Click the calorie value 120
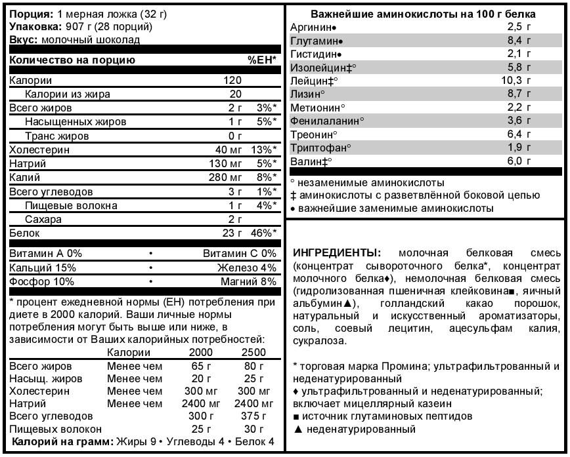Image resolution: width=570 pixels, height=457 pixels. click(x=232, y=81)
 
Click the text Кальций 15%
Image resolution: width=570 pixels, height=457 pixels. click(x=43, y=268)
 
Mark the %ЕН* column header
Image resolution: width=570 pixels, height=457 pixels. click(x=261, y=60)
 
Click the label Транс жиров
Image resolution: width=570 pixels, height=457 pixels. click(x=57, y=136)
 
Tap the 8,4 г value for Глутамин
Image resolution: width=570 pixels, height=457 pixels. click(x=519, y=41)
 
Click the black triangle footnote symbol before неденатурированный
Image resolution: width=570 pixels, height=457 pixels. click(x=298, y=429)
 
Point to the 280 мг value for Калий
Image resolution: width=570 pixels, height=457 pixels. click(x=225, y=178)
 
